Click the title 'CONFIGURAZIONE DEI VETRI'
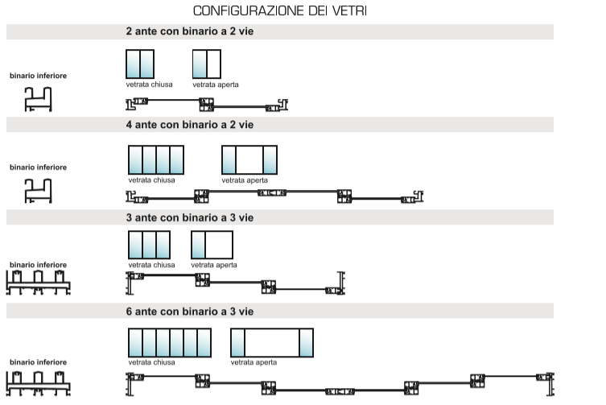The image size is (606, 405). tap(280, 10)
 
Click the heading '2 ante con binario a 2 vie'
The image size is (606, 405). tap(190, 31)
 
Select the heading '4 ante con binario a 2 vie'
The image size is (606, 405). tap(190, 125)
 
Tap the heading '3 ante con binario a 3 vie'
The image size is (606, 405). tap(190, 217)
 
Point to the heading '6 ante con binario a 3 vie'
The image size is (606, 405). tap(190, 312)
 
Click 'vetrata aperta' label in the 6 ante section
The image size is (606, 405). tap(254, 362)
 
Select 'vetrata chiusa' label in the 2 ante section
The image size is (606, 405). tap(149, 85)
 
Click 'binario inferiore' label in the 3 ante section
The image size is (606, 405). tap(39, 265)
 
